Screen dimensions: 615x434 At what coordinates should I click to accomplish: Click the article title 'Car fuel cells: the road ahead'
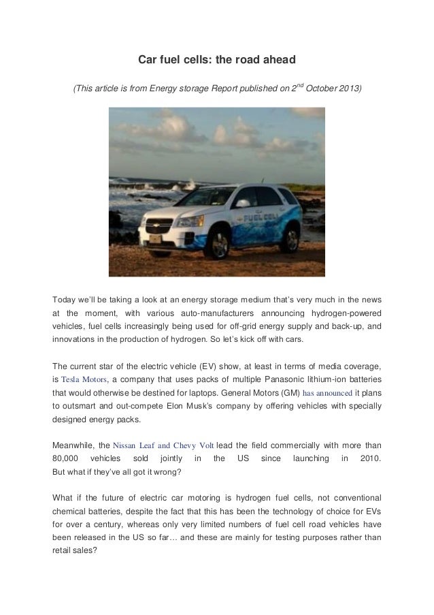pos(217,61)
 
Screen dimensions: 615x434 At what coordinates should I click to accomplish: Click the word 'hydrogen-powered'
pos(346,313)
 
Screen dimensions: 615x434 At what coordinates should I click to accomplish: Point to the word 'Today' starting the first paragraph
pos(65,299)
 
